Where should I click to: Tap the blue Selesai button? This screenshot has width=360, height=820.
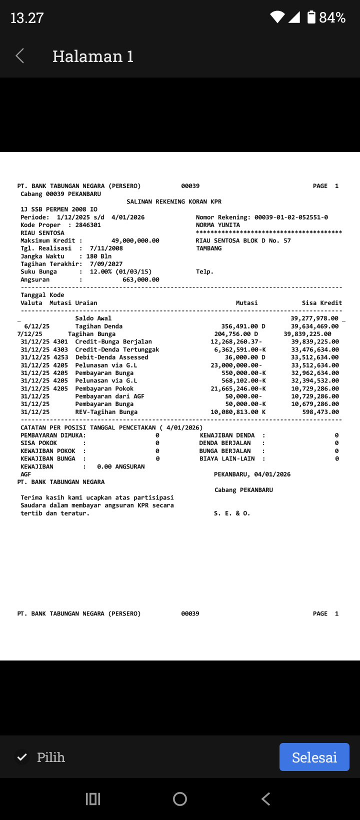(x=314, y=757)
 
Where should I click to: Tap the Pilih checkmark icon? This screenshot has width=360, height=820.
(x=22, y=757)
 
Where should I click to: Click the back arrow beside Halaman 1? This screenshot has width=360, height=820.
(x=20, y=56)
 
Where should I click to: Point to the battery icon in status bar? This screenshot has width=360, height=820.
(x=311, y=17)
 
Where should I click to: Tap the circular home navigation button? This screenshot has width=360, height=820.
(x=180, y=799)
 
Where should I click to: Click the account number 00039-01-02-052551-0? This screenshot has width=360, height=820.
(x=291, y=217)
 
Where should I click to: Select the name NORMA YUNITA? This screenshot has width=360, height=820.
(x=218, y=225)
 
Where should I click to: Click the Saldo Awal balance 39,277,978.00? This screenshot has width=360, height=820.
(x=314, y=318)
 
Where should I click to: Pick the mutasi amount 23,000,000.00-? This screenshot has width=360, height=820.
(x=236, y=365)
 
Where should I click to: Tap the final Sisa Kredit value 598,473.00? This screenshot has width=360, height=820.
(x=320, y=412)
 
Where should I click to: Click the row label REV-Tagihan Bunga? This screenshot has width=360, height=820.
(x=106, y=412)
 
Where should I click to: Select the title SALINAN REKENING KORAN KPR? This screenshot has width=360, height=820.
(x=174, y=201)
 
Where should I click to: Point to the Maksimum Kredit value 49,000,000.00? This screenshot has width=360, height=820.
(x=135, y=240)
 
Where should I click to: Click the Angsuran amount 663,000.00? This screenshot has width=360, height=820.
(x=141, y=279)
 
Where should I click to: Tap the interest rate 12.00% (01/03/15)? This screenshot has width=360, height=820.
(x=120, y=272)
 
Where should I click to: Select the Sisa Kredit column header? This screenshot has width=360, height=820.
(x=322, y=303)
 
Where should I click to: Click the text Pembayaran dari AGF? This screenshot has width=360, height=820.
(x=109, y=396)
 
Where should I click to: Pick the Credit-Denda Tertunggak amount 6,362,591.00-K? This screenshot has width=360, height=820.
(x=240, y=349)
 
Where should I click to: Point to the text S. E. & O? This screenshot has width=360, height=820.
(x=232, y=513)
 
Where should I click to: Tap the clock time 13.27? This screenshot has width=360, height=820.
(x=27, y=18)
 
